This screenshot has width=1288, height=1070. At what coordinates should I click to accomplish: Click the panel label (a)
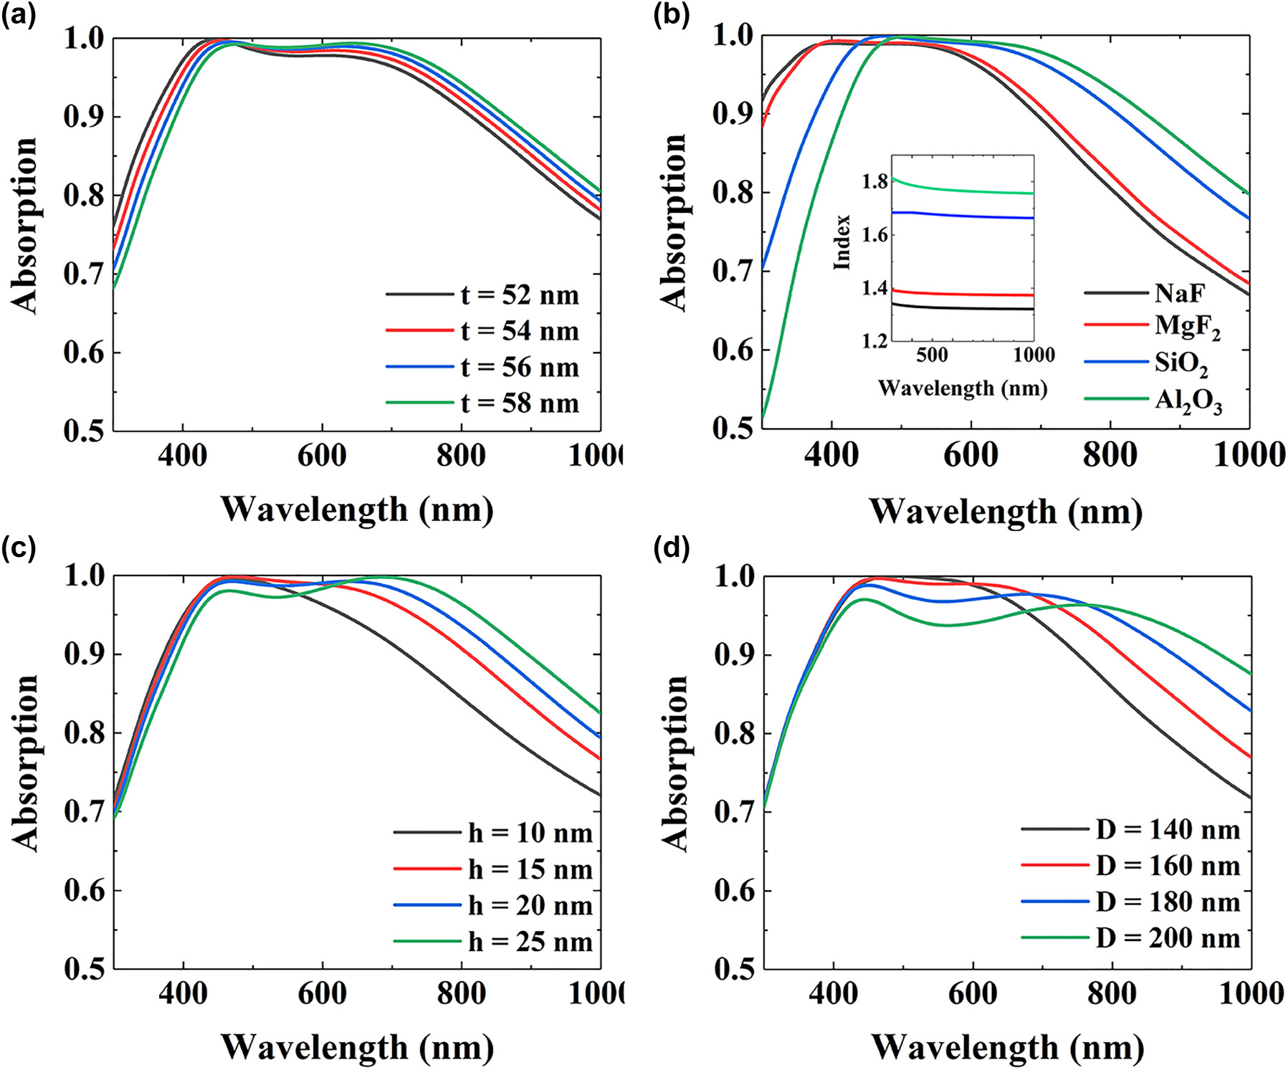[x=19, y=15]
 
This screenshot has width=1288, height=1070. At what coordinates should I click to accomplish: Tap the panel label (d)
[x=671, y=548]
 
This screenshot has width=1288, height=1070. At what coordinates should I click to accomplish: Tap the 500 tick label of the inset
[x=931, y=355]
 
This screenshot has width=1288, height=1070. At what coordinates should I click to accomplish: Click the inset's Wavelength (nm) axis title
[x=963, y=388]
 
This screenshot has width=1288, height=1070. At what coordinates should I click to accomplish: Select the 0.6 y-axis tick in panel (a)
[x=83, y=352]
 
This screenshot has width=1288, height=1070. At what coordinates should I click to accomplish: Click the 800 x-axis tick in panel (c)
[x=462, y=993]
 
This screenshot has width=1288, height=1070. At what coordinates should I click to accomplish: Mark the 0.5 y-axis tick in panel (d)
[x=734, y=969]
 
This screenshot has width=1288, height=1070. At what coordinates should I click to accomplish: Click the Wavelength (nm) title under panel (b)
[x=1006, y=512]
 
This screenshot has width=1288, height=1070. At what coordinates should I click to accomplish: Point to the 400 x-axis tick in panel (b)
[x=831, y=455]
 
